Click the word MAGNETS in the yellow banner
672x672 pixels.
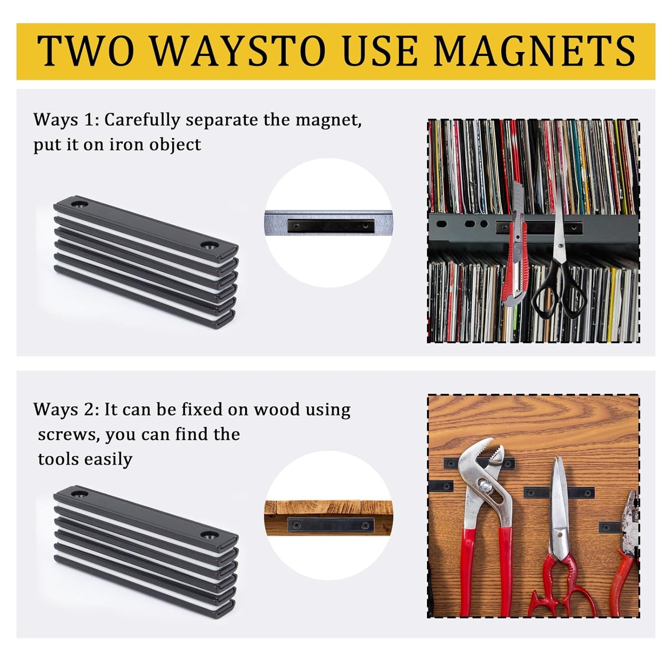click(534, 51)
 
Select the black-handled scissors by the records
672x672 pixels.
click(558, 270)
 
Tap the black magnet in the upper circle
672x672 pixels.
click(331, 226)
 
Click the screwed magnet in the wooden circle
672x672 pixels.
click(331, 526)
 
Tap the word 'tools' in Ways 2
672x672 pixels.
click(55, 459)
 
